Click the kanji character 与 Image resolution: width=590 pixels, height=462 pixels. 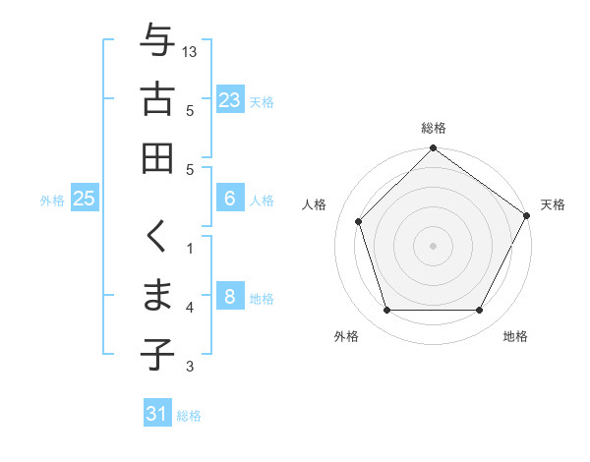point(157,42)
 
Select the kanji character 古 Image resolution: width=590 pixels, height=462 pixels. point(157,99)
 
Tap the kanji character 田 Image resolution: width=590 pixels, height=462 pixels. point(157,157)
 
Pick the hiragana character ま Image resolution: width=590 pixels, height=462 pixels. point(157,296)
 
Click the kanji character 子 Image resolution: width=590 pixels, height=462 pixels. point(157,354)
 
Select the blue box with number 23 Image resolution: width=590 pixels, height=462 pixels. point(229,100)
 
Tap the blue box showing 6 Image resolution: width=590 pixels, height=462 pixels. point(229,199)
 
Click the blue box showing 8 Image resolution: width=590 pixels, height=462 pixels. point(229,297)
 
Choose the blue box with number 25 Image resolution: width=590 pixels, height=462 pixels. point(85,199)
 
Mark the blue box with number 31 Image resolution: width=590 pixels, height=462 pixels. point(157,414)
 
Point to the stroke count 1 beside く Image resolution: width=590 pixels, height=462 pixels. point(190,249)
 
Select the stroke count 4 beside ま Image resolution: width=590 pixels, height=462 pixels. point(190,308)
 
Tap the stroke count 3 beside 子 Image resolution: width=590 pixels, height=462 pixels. point(190,367)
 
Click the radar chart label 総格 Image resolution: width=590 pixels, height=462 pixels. point(434,129)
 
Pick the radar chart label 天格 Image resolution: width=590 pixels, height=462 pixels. point(553,204)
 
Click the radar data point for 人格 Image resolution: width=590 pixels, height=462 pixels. point(359,221)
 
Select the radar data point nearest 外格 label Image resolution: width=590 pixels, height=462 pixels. point(386,311)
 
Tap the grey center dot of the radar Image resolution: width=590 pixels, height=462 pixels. point(433,245)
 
